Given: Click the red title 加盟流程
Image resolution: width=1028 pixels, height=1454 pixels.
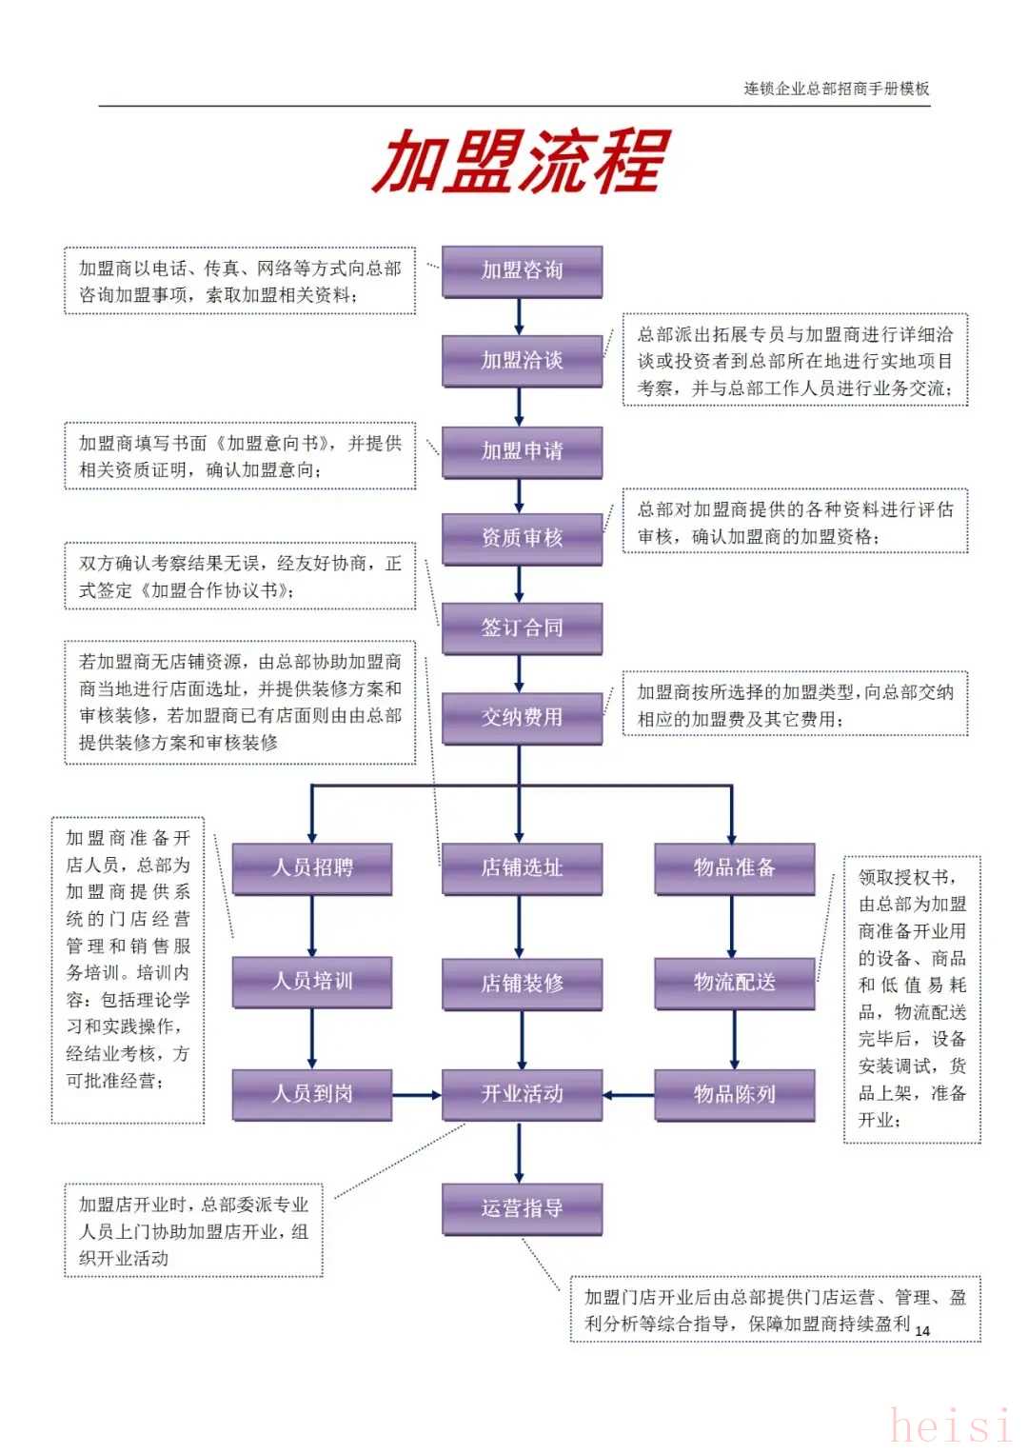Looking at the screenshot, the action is click(521, 161).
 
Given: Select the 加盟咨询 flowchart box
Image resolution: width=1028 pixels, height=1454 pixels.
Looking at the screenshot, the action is click(522, 272).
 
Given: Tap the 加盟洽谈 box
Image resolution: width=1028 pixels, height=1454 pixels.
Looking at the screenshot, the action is click(522, 362).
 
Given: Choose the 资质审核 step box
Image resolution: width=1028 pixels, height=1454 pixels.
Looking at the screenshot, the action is click(522, 539).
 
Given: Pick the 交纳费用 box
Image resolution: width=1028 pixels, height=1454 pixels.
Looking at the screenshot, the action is click(522, 719).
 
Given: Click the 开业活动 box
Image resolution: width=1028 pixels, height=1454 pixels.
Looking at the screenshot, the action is click(522, 1095).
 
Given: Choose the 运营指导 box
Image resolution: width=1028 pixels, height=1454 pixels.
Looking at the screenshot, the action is click(522, 1209).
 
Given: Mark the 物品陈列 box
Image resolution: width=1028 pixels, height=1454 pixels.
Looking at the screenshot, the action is click(734, 1095).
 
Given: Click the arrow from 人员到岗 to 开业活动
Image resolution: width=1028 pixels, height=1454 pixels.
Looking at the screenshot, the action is click(417, 1095).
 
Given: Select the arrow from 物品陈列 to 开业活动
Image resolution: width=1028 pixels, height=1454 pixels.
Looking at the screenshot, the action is click(628, 1095).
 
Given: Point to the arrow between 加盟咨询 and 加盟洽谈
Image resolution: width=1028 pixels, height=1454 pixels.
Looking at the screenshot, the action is click(519, 317).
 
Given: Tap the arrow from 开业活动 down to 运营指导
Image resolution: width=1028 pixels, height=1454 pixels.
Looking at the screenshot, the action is click(519, 1152).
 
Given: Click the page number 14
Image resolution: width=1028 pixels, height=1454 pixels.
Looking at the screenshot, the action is click(921, 1330).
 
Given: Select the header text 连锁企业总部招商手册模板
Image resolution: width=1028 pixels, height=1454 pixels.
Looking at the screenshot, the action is click(836, 89).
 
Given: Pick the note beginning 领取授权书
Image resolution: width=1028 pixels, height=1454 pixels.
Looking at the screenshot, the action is click(912, 998).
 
